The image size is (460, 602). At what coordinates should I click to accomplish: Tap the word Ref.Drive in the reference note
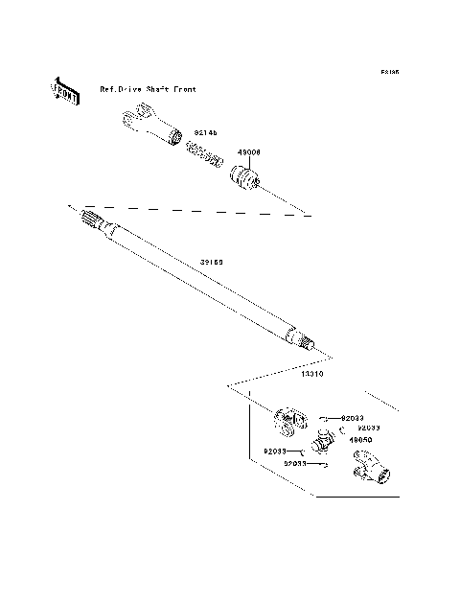(x=120, y=89)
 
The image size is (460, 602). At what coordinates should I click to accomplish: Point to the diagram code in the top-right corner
(x=388, y=72)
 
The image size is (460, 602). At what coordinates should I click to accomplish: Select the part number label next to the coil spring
(x=206, y=134)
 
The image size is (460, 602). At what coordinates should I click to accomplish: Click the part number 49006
(x=248, y=151)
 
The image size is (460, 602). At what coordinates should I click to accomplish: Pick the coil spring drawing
(x=203, y=151)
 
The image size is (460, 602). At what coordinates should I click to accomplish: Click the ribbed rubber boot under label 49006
(x=246, y=178)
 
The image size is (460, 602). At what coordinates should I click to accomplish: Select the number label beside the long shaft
(x=211, y=261)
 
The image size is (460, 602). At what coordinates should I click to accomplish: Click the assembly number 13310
(x=311, y=375)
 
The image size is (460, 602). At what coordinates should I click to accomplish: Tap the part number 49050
(x=360, y=440)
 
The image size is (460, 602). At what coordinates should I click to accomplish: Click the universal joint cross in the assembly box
(x=323, y=442)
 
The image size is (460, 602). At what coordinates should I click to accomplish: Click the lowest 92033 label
(x=294, y=463)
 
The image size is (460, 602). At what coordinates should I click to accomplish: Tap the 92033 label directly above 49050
(x=369, y=428)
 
